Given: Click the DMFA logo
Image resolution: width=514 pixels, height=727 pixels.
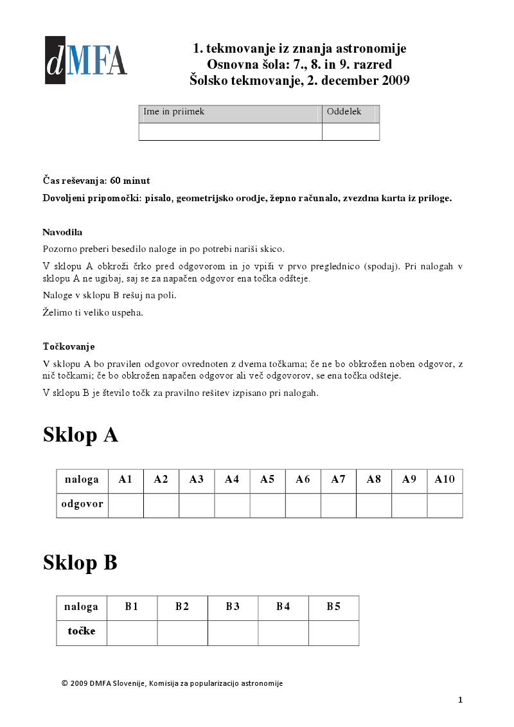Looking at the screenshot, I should coord(85,60).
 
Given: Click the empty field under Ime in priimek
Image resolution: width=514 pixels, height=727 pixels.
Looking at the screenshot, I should coord(230,132).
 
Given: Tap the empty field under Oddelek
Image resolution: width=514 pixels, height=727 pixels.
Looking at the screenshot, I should coord(350,132).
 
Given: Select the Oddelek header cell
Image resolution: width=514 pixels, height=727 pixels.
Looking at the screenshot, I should coord(350,113).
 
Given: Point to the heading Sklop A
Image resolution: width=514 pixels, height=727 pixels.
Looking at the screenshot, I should coord(80,435).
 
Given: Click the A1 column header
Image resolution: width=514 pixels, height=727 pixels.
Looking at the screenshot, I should coord(125,480).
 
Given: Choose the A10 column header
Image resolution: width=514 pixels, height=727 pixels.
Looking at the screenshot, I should coord(445,480).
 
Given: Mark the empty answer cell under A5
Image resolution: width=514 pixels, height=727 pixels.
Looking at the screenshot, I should coord(267,505).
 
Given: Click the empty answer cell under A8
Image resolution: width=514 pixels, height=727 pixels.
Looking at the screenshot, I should coord(374,505).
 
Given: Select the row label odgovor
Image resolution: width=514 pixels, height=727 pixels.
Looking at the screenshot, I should coord(82,505).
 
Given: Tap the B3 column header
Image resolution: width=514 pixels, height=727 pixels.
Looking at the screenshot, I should coord(233,607).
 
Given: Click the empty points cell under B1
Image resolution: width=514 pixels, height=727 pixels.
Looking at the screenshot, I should coord(132,633).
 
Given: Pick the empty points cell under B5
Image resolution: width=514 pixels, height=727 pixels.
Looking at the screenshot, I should coord(333,633).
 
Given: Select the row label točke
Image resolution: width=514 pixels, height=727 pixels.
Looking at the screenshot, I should coord(82,632).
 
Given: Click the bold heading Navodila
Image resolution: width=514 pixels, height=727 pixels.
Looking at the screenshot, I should coord(62,232).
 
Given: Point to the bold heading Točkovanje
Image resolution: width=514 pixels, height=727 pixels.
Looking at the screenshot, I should coord(69,347).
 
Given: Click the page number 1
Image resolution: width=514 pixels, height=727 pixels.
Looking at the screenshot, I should coord(460,700).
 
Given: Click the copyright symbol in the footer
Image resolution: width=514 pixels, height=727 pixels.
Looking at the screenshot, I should coord(64,683).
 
